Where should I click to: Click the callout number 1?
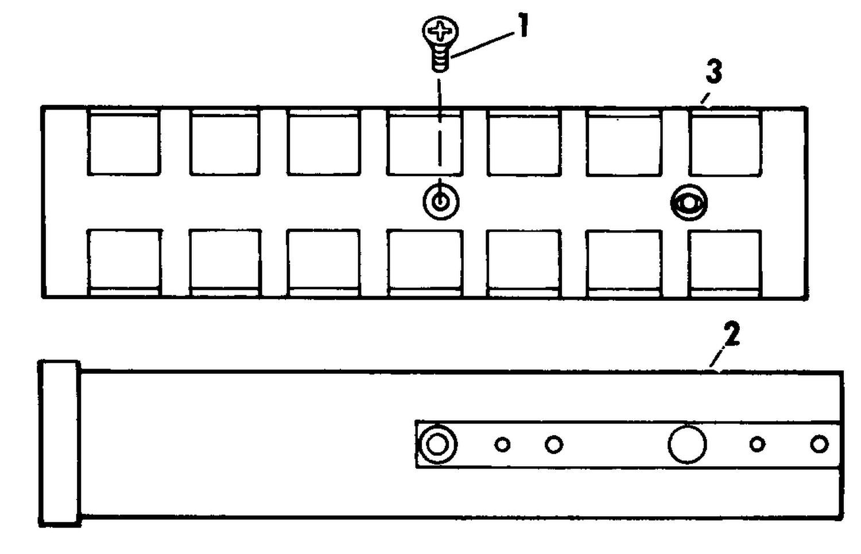tap(522, 25)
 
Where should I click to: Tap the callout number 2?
tap(731, 334)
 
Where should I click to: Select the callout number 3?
tap(714, 72)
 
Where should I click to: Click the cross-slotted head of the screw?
tap(440, 30)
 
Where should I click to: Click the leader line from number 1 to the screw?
tap(483, 45)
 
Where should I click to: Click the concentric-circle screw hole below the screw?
tap(441, 202)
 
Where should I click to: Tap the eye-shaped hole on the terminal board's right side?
tap(689, 203)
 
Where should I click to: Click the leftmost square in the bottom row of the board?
tap(124, 263)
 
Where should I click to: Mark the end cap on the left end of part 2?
tap(60, 443)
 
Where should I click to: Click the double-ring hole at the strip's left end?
tap(437, 445)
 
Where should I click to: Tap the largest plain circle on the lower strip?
tap(687, 444)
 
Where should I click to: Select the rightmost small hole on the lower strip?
tap(819, 444)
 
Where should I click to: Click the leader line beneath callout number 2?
tap(717, 356)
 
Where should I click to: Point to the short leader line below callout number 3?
tap(704, 98)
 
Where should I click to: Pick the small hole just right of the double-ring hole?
tap(502, 445)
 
